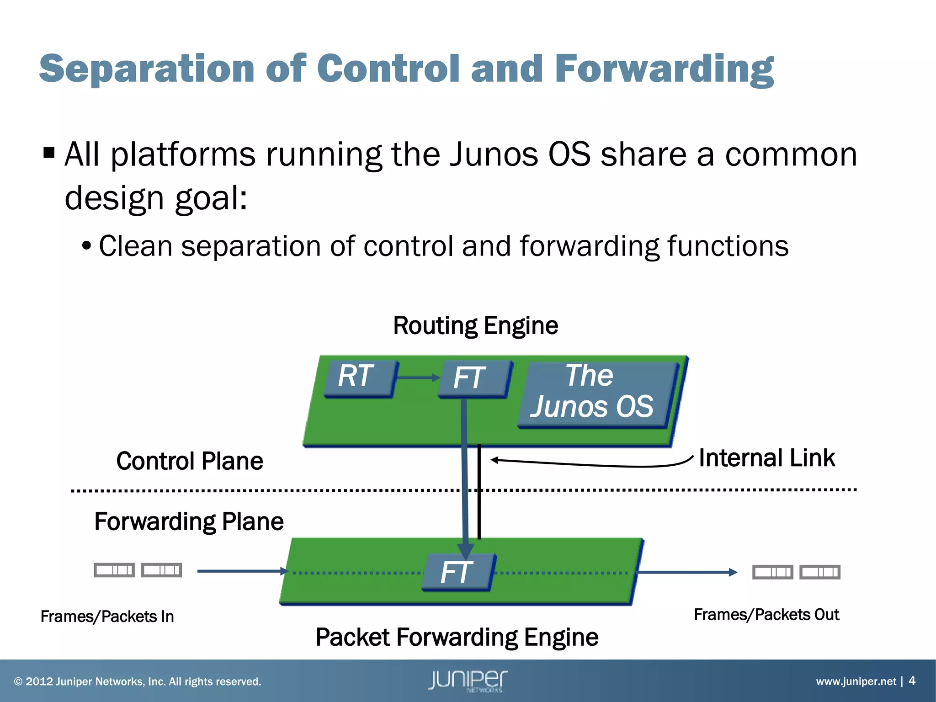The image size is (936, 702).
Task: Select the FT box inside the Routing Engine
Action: coord(473,378)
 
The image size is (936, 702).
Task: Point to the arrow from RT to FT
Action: coord(417,378)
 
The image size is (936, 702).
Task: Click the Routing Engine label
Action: coord(475,326)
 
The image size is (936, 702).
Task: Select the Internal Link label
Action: coord(766,458)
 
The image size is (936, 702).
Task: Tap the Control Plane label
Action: coord(190,461)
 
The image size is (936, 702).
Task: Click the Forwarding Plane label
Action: coord(189,521)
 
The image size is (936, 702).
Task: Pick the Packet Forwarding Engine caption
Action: coord(457,637)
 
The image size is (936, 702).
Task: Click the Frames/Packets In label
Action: coord(107,617)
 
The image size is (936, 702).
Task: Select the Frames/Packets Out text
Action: coord(766,615)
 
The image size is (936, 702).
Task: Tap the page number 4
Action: coord(912,681)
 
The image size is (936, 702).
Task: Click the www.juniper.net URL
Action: coord(856,681)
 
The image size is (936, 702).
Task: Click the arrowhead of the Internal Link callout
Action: coord(495,460)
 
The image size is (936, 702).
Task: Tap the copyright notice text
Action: coord(138,681)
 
